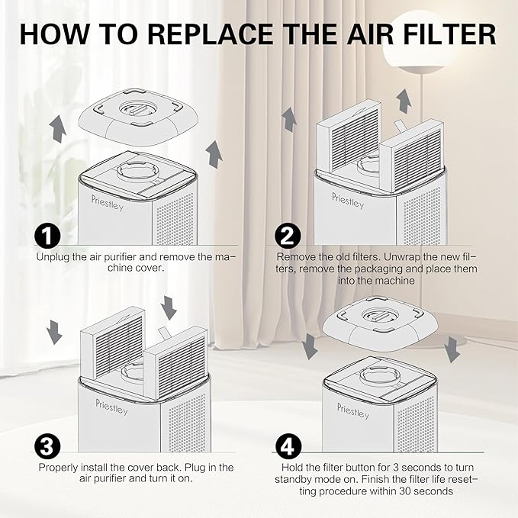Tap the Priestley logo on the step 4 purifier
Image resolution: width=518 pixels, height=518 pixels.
pyautogui.click(x=352, y=410)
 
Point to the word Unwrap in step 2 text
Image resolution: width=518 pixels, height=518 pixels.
pyautogui.click(x=417, y=257)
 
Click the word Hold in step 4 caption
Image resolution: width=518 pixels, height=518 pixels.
pyautogui.click(x=291, y=467)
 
